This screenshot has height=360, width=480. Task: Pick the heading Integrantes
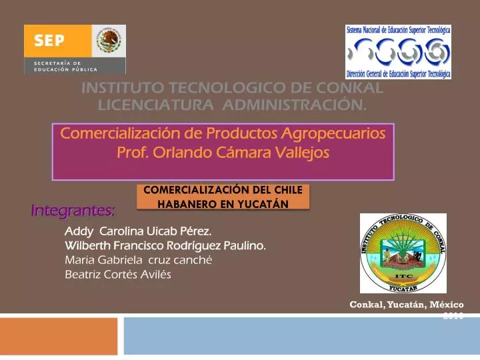[x=73, y=211]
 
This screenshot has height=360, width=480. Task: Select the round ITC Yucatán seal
[x=403, y=253]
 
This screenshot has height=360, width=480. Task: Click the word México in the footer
[x=447, y=304]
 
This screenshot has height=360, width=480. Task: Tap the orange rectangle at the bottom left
[x=59, y=336]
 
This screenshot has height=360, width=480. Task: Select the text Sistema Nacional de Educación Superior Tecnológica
[x=398, y=30]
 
